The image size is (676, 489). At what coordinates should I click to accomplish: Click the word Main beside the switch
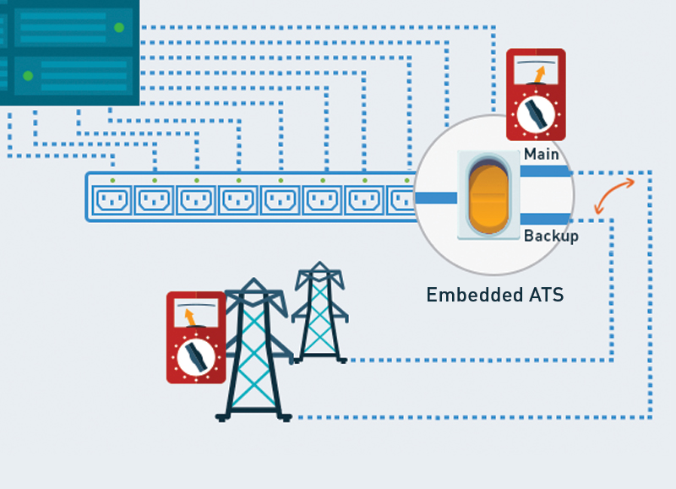[541, 155]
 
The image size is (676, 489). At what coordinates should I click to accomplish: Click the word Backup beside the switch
[551, 236]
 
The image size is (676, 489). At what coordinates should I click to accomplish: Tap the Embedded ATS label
[494, 296]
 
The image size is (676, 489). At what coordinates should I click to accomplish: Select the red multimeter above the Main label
[536, 94]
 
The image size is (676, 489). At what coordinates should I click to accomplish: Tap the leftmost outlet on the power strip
[113, 201]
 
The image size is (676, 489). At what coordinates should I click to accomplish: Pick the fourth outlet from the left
[238, 201]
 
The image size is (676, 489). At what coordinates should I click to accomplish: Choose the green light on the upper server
[118, 28]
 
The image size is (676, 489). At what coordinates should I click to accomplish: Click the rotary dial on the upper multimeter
[536, 114]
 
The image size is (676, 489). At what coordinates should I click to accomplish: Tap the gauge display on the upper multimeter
[536, 69]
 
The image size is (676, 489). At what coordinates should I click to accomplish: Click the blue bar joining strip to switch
[435, 198]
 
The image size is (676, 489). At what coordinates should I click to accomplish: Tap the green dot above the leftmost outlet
[112, 180]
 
